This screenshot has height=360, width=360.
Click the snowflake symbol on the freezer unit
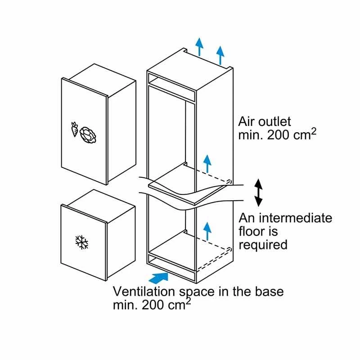(x=81, y=243)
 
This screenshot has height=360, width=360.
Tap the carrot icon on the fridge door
(x=74, y=129)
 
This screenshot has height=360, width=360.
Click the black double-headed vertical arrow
(x=258, y=192)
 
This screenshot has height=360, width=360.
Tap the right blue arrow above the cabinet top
(x=220, y=55)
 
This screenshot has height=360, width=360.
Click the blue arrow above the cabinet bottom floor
(x=207, y=229)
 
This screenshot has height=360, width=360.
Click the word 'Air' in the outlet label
(x=248, y=121)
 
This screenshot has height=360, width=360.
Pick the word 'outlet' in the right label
(x=275, y=121)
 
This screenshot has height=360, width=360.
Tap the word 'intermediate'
(x=295, y=218)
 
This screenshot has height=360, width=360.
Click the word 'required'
(x=263, y=245)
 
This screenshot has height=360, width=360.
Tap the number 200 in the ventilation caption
(x=156, y=305)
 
